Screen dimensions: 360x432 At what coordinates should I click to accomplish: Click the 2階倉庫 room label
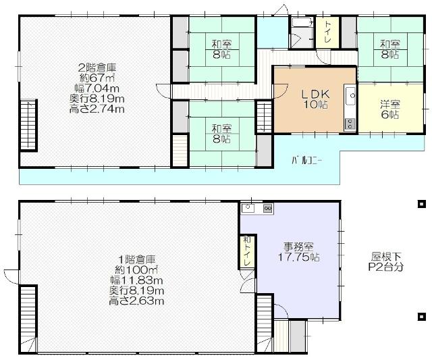[97, 67]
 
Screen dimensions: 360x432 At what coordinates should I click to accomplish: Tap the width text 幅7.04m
[97, 87]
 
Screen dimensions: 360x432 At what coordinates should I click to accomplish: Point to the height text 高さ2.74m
[97, 108]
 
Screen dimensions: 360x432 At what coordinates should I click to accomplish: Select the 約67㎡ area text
[97, 77]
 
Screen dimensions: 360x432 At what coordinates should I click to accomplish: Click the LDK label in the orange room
[315, 94]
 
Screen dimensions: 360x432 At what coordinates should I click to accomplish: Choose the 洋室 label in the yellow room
[389, 104]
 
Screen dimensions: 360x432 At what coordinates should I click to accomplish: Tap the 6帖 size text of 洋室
[389, 115]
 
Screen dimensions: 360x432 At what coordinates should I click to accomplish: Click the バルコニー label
[306, 160]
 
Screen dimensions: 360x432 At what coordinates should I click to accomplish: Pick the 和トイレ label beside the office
[246, 251]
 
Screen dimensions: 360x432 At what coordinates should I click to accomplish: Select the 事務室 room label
[296, 247]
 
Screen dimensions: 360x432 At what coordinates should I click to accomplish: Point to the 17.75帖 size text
[296, 257]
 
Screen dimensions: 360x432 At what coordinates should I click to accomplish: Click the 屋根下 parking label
[386, 257]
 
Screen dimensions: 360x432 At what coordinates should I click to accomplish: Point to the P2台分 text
[386, 267]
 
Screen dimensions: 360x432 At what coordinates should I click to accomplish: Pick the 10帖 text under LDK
[315, 105]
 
